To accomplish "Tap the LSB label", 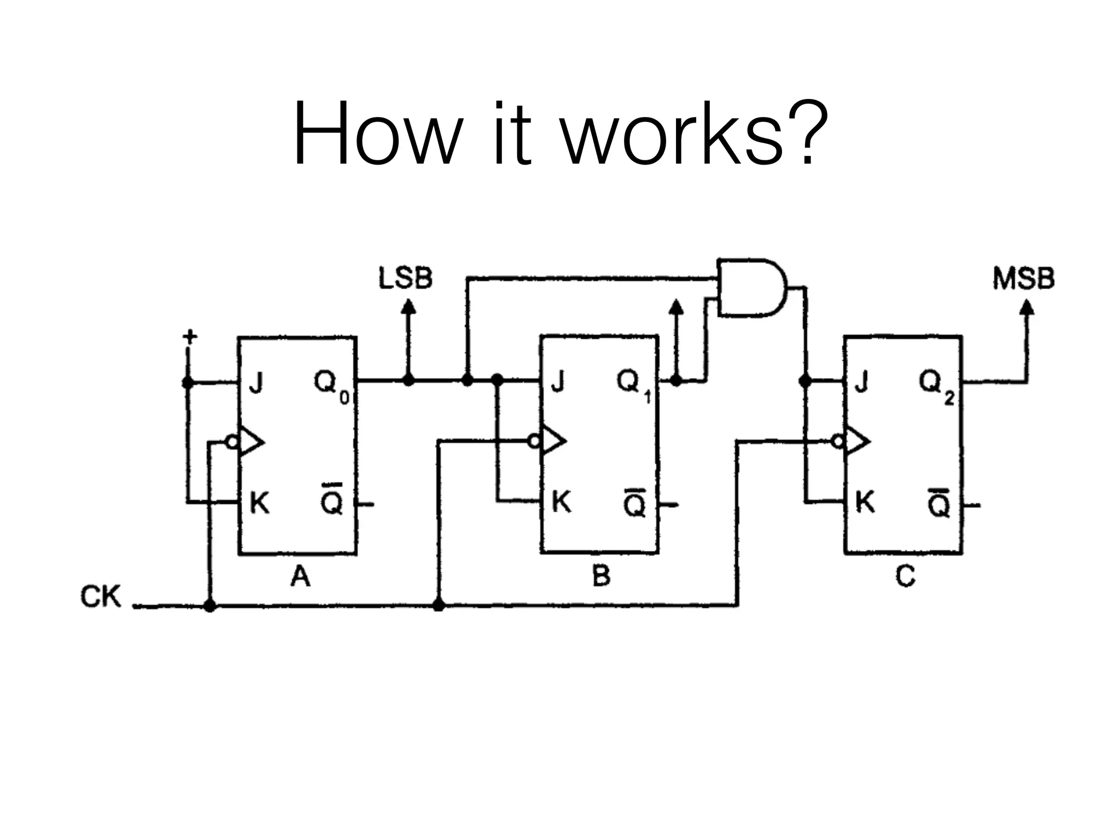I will click(x=405, y=278).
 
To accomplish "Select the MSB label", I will click(x=1023, y=278).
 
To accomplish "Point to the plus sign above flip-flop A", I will click(x=189, y=336).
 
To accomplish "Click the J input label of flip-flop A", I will click(x=256, y=382).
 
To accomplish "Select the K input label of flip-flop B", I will click(x=562, y=501).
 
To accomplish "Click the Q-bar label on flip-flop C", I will click(x=939, y=501).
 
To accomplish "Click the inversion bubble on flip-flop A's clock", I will click(x=233, y=442).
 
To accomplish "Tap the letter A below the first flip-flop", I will click(x=300, y=576).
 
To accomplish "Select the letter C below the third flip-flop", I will click(x=905, y=576).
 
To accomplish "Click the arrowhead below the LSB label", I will click(x=408, y=306).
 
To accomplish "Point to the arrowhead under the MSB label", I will click(x=1027, y=307).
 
